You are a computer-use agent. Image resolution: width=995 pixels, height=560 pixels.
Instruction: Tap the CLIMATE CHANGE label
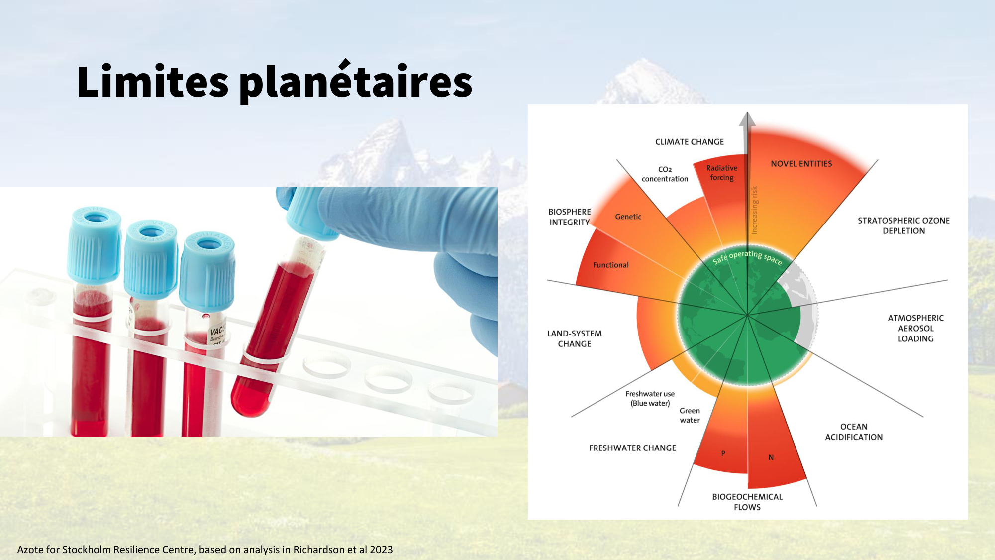(x=690, y=142)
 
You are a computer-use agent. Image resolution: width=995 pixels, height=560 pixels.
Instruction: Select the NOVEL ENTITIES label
(x=801, y=164)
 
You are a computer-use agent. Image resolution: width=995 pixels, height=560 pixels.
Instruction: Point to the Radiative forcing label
(x=722, y=173)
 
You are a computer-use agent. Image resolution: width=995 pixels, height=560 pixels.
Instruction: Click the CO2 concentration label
(x=665, y=174)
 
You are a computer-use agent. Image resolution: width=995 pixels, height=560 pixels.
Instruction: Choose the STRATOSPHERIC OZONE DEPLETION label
(x=903, y=225)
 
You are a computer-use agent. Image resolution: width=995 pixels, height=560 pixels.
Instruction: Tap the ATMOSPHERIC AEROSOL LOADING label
(x=915, y=328)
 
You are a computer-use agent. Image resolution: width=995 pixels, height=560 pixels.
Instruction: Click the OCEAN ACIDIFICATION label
(x=854, y=432)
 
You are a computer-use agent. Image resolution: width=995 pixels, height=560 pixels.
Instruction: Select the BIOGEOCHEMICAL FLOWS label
(x=747, y=502)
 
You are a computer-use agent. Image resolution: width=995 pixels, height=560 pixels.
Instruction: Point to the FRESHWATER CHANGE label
(x=632, y=448)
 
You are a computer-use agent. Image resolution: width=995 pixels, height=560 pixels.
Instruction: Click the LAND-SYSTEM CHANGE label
(x=575, y=338)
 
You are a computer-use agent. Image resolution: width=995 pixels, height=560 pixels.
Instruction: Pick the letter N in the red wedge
(x=771, y=457)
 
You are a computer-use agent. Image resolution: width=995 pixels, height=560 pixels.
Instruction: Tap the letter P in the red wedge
(x=723, y=453)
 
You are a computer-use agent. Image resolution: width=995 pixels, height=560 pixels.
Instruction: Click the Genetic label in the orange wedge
(x=628, y=217)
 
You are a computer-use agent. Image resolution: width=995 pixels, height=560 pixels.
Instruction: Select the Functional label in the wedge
(x=610, y=265)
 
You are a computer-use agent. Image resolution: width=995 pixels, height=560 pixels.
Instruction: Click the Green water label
(x=690, y=415)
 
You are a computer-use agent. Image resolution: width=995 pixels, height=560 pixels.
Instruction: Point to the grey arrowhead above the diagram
(x=747, y=119)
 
